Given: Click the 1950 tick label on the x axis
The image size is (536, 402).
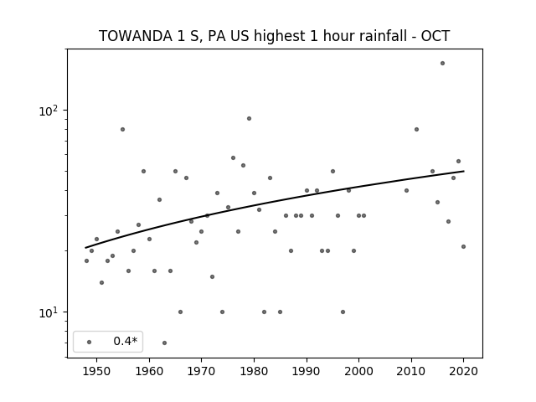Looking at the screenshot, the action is (x=97, y=372).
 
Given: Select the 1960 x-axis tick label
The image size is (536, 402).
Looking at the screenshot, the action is (x=149, y=372).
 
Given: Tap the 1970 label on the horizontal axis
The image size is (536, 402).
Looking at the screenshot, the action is (x=202, y=372).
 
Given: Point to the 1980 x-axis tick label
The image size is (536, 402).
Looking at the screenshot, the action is (x=254, y=372).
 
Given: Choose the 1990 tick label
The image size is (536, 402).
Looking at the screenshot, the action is (x=307, y=372).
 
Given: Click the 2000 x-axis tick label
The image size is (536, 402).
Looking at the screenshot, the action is (x=359, y=372).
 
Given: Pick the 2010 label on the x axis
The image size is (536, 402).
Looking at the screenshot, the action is (x=411, y=372).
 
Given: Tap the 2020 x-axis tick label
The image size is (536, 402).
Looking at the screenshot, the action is (x=463, y=372).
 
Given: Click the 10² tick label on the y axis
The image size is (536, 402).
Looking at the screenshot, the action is (x=49, y=111).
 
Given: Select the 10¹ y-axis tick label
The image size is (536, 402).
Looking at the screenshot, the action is (x=49, y=312).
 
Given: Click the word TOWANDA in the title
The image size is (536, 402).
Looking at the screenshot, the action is (x=136, y=36).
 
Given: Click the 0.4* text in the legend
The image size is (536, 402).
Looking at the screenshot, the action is (x=125, y=341).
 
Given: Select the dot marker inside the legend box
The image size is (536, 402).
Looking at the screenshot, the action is (x=90, y=342).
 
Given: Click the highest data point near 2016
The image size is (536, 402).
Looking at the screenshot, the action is (x=443, y=64).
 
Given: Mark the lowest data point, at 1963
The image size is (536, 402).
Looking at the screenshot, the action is (x=164, y=343).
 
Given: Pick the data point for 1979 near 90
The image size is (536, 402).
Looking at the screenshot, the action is (x=250, y=119).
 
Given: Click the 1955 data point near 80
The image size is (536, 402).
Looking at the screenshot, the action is (x=123, y=129).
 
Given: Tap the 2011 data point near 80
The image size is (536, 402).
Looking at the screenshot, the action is (x=416, y=129).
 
